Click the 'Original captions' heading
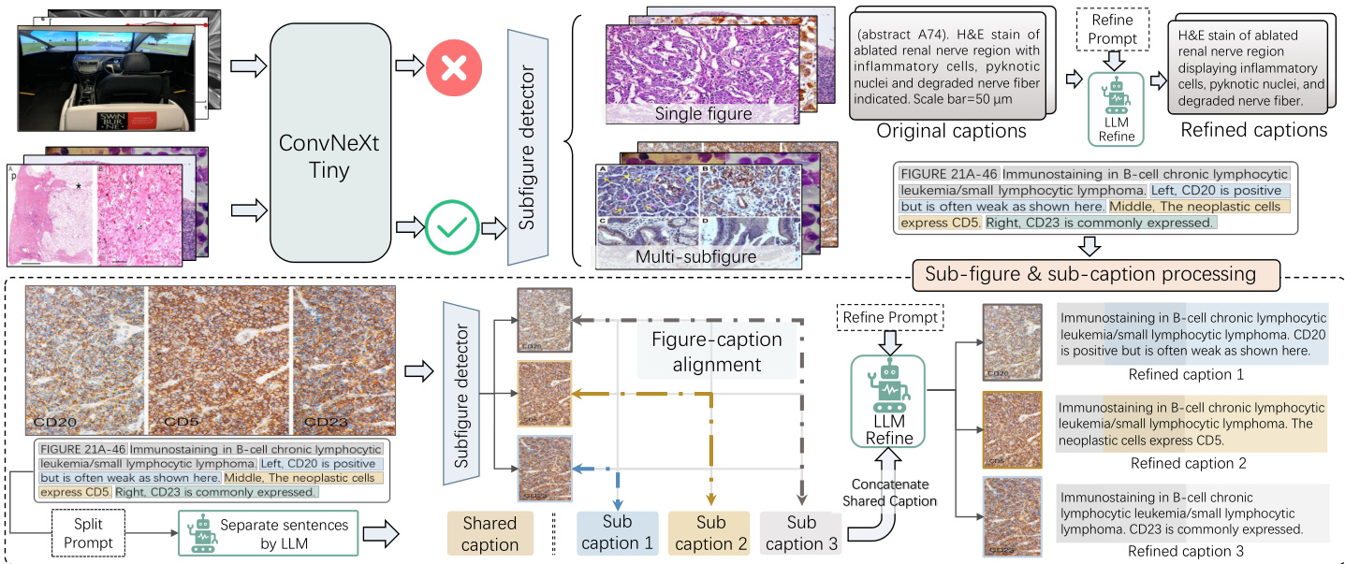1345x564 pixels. coord(951,131)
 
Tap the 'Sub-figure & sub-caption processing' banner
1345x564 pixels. coord(1090,274)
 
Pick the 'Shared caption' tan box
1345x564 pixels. coord(490,533)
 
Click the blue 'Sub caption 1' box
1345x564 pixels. coord(618,533)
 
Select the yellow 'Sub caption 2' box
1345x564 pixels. coord(709,533)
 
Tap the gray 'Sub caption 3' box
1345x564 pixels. coord(801,533)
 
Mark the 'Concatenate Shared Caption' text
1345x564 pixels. coord(889,492)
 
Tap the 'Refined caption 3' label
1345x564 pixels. coord(1187,552)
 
